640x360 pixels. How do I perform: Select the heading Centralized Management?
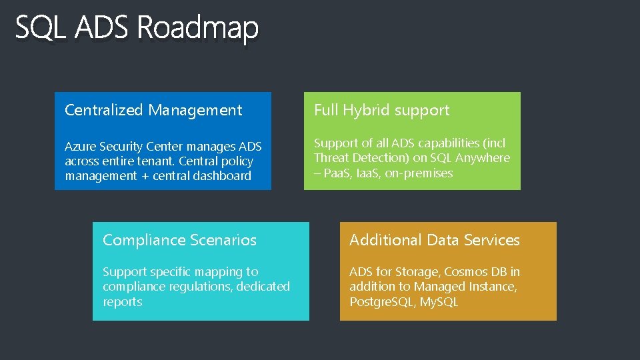[153, 110]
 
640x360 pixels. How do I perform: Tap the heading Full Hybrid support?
[381, 110]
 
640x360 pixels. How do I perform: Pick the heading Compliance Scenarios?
[179, 240]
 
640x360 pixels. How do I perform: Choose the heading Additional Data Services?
[434, 240]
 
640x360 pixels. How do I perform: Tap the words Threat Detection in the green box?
[354, 158]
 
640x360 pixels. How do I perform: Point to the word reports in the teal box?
[122, 302]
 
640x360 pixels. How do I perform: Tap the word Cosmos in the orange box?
[464, 272]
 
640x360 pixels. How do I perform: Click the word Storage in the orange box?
[416, 272]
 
